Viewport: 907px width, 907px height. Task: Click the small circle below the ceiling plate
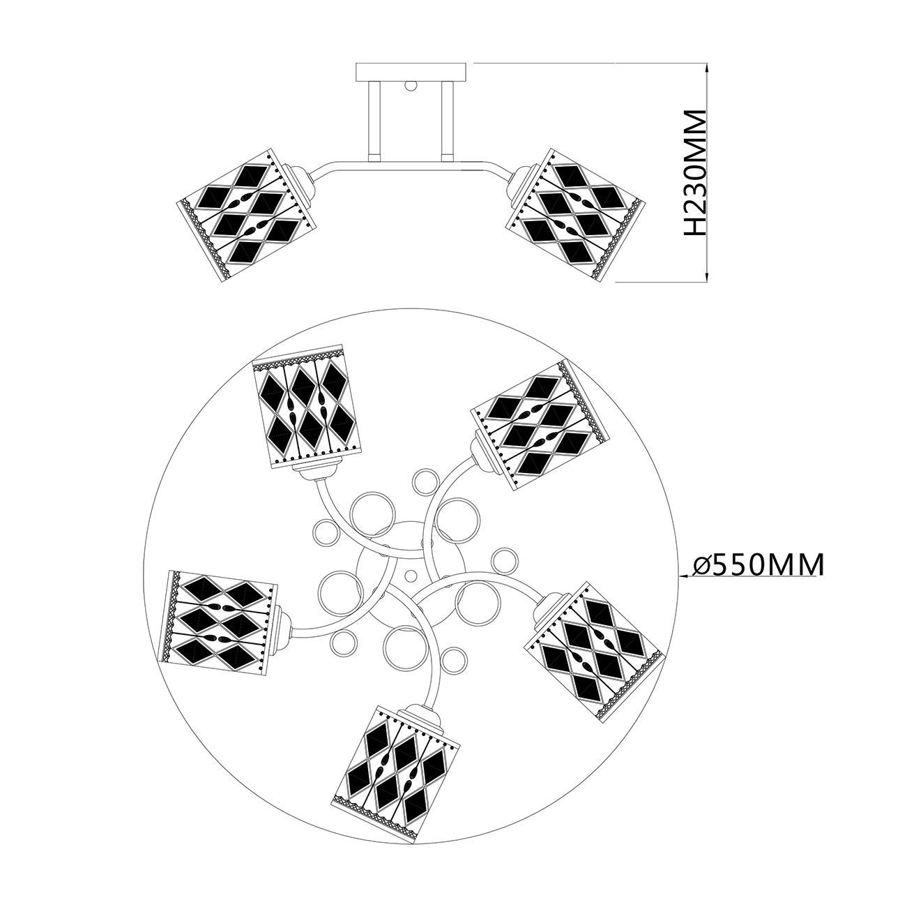point(411,87)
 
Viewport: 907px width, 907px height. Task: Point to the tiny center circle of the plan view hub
point(411,576)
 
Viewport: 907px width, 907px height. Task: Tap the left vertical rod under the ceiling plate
point(374,119)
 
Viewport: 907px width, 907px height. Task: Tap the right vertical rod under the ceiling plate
point(447,119)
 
